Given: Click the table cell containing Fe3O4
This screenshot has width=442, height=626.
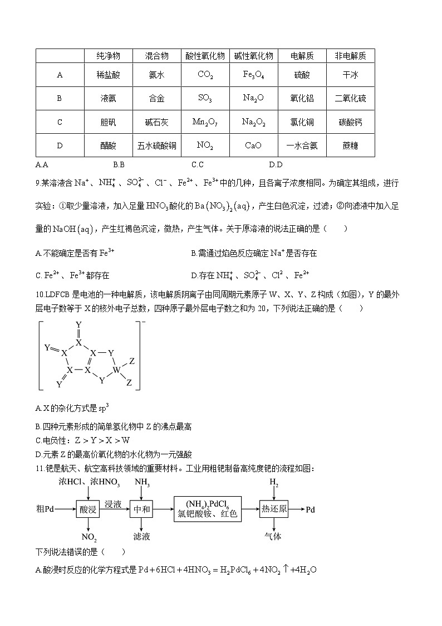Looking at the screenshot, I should click(253, 75).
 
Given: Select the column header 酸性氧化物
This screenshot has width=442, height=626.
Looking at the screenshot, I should click(205, 56).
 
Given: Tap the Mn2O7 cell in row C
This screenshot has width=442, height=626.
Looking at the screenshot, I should click(205, 122).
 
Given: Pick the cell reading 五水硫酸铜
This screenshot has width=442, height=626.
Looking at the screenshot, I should click(156, 145).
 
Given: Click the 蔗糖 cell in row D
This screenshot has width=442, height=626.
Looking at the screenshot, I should click(350, 145).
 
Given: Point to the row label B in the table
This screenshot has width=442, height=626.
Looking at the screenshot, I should click(60, 98).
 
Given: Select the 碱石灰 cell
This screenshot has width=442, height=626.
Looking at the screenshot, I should click(156, 122).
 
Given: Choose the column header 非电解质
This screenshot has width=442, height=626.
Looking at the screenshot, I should click(350, 56).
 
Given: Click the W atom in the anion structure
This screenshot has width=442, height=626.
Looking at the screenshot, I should click(116, 369).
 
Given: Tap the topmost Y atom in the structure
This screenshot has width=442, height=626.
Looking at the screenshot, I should click(78, 324).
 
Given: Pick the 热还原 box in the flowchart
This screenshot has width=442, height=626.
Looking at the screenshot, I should click(274, 509).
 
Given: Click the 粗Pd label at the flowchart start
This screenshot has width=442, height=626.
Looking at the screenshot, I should click(45, 509).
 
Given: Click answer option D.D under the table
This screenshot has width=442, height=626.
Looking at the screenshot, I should click(276, 164).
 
